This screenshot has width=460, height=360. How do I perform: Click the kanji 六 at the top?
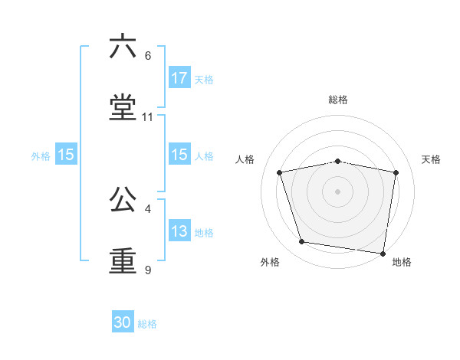[123, 47]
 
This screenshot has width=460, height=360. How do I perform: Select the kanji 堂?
[123, 107]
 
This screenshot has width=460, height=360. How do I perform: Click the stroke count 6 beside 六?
[148, 56]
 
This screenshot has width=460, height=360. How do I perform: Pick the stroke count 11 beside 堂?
[148, 117]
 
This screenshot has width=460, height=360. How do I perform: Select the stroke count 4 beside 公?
[148, 208]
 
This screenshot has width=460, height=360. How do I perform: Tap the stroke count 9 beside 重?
[148, 270]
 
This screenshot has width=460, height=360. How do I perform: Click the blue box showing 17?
[179, 78]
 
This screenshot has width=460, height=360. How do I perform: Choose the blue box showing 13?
[179, 232]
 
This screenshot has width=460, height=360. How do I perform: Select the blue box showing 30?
[123, 323]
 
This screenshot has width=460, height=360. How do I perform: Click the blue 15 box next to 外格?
[66, 155]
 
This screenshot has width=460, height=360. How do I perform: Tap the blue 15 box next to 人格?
[179, 155]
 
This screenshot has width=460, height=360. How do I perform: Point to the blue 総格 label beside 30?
[147, 324]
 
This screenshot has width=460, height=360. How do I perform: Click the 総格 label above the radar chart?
[338, 100]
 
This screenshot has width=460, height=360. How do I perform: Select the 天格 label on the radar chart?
[431, 159]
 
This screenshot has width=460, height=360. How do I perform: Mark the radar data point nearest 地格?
[383, 253]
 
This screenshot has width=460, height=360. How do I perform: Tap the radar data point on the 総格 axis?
[338, 161]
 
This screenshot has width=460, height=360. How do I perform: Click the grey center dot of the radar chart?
[338, 191]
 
